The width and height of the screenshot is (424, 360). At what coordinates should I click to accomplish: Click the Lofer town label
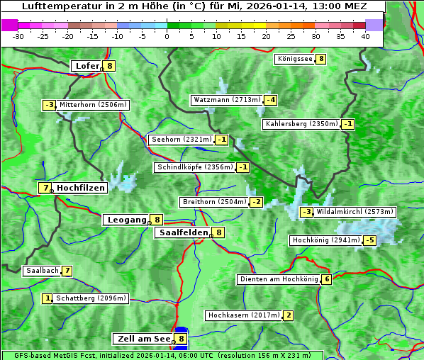pyautogui.click(x=87, y=67)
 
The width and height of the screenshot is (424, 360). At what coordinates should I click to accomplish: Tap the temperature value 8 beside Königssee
pyautogui.click(x=320, y=59)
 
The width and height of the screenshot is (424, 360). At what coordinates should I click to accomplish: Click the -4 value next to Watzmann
pyautogui.click(x=271, y=100)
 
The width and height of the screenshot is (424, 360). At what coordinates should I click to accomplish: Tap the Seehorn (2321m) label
pyautogui.click(x=182, y=140)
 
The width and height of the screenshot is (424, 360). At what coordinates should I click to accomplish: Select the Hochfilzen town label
pyautogui.click(x=81, y=188)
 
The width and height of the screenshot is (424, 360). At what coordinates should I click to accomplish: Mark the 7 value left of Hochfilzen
pyautogui.click(x=45, y=188)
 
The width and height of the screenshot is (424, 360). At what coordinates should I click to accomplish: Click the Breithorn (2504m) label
pyautogui.click(x=214, y=202)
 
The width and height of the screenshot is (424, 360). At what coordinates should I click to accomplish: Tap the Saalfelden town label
pyautogui.click(x=184, y=232)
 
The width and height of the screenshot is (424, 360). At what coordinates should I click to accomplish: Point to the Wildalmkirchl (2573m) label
pyautogui.click(x=355, y=212)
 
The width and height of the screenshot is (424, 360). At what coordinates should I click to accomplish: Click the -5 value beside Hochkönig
pyautogui.click(x=369, y=240)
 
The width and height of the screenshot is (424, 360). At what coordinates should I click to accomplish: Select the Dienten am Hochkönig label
pyautogui.click(x=279, y=279)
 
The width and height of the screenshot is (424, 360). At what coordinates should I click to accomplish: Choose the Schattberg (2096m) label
pyautogui.click(x=91, y=298)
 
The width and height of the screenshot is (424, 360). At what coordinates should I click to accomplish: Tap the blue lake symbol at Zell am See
pyautogui.click(x=182, y=333)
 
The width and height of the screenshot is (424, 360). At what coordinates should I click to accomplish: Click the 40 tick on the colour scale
pyautogui.click(x=365, y=36)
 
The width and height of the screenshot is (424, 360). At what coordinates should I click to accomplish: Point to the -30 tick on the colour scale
pyautogui.click(x=18, y=36)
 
